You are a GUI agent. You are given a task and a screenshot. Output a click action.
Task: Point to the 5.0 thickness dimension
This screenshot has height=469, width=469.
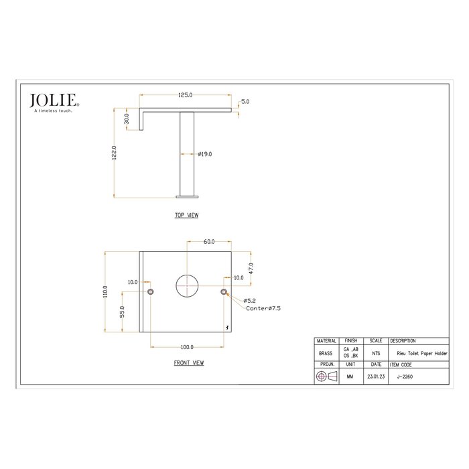(x=245, y=102)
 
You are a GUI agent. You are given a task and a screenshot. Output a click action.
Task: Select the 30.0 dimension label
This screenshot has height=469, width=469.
(x=126, y=119)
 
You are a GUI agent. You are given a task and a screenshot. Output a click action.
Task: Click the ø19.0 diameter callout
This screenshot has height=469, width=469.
(x=205, y=154)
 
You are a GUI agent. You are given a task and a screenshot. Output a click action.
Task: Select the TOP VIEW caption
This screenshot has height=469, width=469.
(x=186, y=216)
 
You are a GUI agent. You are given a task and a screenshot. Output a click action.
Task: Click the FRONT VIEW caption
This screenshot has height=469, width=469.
(x=188, y=362)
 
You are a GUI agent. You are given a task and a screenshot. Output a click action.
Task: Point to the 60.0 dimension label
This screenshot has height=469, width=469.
(x=209, y=241)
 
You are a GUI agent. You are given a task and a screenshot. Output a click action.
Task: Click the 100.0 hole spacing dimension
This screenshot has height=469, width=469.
(x=187, y=347)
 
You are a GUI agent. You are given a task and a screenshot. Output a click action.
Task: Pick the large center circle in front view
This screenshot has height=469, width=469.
(x=187, y=286)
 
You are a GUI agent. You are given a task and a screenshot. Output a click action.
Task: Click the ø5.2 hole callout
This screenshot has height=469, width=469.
(x=250, y=301)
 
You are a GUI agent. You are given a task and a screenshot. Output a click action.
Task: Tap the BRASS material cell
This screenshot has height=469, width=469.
(x=325, y=352)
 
